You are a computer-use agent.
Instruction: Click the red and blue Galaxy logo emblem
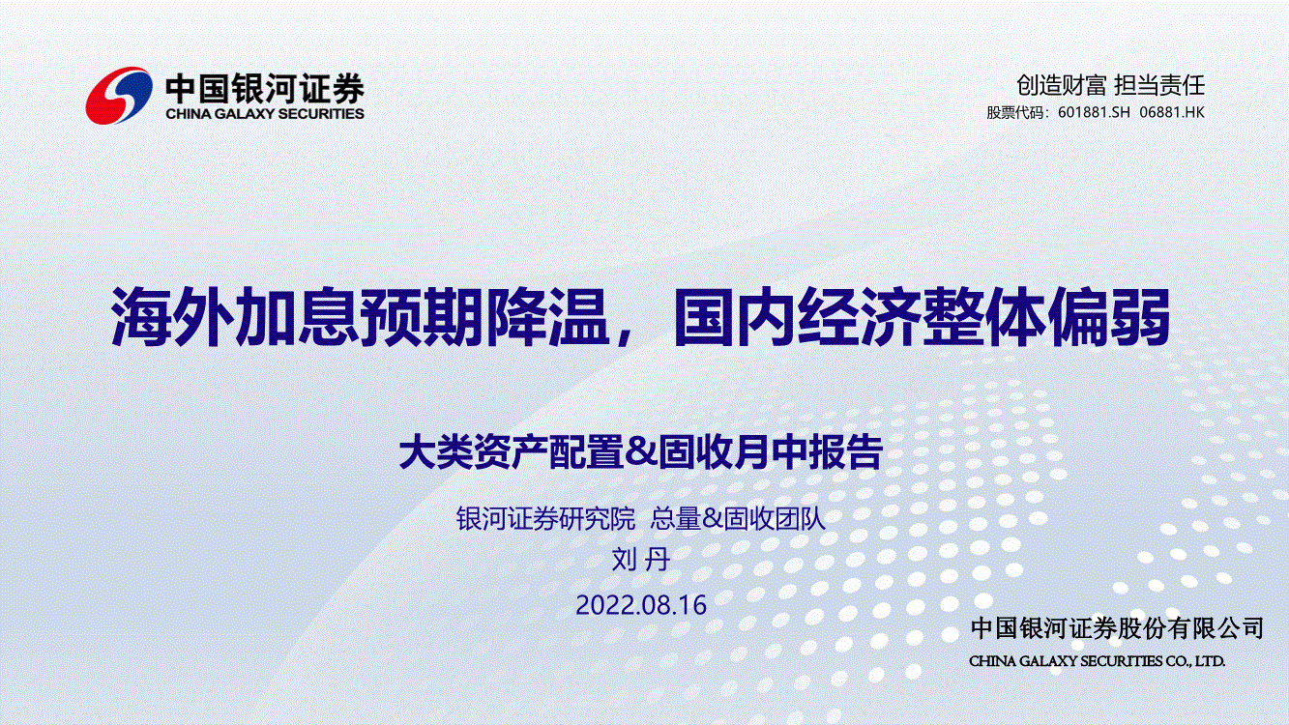(x=119, y=96)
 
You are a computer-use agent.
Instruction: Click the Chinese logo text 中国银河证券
(x=265, y=89)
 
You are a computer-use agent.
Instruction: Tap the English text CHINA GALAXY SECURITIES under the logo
(x=265, y=114)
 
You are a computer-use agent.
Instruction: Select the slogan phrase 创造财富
(x=1061, y=85)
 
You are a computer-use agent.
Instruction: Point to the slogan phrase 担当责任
(x=1159, y=85)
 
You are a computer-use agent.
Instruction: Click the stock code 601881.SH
(x=1094, y=112)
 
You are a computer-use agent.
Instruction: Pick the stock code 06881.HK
(x=1172, y=112)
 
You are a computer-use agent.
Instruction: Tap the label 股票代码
(x=1015, y=112)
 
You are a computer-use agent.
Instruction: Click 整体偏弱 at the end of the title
(x=1045, y=317)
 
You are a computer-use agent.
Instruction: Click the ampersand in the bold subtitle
(x=640, y=452)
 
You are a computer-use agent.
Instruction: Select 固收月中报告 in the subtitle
(x=770, y=452)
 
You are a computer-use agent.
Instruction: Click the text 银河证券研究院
(x=545, y=518)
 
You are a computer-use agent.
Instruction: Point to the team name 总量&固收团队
(x=738, y=518)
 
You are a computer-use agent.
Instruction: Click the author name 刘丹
(x=640, y=560)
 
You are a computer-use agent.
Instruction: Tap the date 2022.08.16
(x=641, y=605)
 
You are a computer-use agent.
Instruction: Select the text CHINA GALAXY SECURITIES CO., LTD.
(x=1097, y=661)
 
